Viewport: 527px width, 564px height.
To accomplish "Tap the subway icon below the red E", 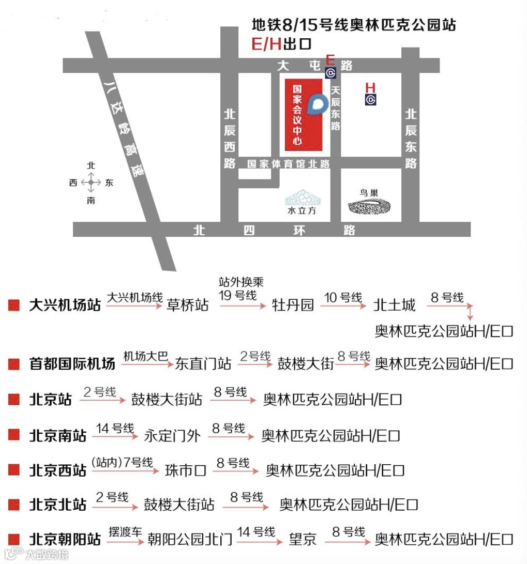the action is pyautogui.click(x=330, y=73).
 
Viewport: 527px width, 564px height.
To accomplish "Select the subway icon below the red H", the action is pyautogui.click(x=370, y=100).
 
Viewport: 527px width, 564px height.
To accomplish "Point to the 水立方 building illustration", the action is pyautogui.click(x=302, y=199).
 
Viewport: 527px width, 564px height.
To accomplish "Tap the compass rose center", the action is pyautogui.click(x=91, y=182).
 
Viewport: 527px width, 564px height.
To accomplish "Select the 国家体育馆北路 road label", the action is pyautogui.click(x=288, y=164).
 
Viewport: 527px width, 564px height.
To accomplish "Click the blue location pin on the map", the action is pyautogui.click(x=315, y=104).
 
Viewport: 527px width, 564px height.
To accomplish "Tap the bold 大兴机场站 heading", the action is pyautogui.click(x=65, y=304).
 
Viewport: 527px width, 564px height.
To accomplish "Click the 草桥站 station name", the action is pyautogui.click(x=188, y=305).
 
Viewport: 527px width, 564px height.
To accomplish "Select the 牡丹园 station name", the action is pyautogui.click(x=293, y=305).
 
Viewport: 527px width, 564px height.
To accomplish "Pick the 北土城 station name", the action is pyautogui.click(x=395, y=305).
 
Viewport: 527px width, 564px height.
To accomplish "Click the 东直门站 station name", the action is pyautogui.click(x=203, y=364).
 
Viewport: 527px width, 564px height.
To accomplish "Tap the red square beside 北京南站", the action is pyautogui.click(x=14, y=435).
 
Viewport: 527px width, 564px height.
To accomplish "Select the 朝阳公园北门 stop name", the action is pyautogui.click(x=190, y=540).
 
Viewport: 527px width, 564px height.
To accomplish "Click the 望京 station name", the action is pyautogui.click(x=303, y=540).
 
